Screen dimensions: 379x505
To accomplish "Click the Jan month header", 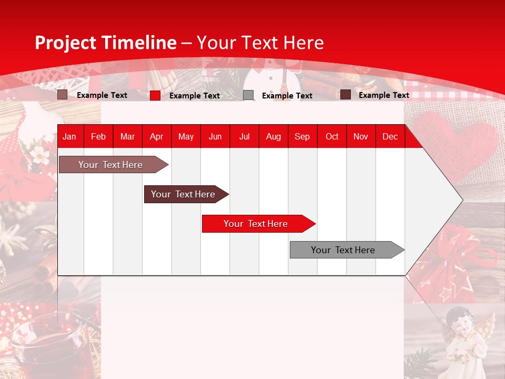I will (69, 136).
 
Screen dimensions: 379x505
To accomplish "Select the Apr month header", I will (157, 136).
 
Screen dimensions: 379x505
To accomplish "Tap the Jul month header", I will (244, 136).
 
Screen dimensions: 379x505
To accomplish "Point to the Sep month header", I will (302, 136).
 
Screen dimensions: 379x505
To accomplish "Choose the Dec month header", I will (390, 136).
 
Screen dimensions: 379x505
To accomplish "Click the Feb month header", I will (98, 136).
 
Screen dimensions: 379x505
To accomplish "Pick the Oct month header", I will (332, 136).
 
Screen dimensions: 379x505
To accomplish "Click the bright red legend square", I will (155, 95).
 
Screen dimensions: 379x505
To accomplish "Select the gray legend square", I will (248, 95).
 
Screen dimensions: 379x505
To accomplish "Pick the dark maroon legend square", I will (346, 95).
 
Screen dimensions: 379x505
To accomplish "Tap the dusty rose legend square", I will (62, 95).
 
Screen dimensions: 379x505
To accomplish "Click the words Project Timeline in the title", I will (105, 43).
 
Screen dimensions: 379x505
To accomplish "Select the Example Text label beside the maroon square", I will (383, 95).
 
